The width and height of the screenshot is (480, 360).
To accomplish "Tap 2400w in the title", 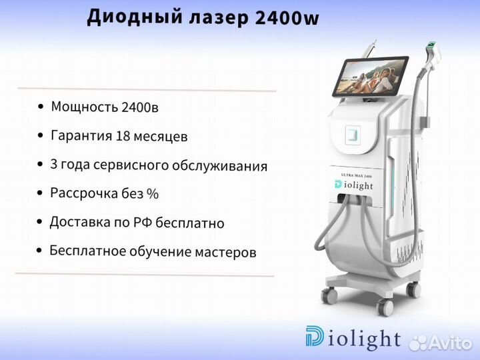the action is click(287, 18).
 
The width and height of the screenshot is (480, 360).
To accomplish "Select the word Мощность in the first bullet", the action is click(85, 107).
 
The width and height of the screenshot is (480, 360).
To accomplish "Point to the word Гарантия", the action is click(81, 135).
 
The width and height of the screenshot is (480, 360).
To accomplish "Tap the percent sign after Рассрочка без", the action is click(153, 193).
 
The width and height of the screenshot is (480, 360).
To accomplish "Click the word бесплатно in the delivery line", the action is click(190, 223).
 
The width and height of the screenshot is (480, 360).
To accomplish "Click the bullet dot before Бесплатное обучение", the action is click(39, 251).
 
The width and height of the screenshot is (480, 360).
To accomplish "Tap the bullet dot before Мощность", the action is click(41, 107).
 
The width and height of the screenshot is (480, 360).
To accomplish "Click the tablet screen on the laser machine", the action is click(371, 75).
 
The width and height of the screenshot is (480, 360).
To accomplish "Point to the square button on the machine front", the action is click(353, 135).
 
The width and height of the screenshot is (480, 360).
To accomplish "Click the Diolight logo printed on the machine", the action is click(354, 185).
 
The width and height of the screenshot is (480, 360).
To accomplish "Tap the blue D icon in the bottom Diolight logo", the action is click(315, 336).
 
